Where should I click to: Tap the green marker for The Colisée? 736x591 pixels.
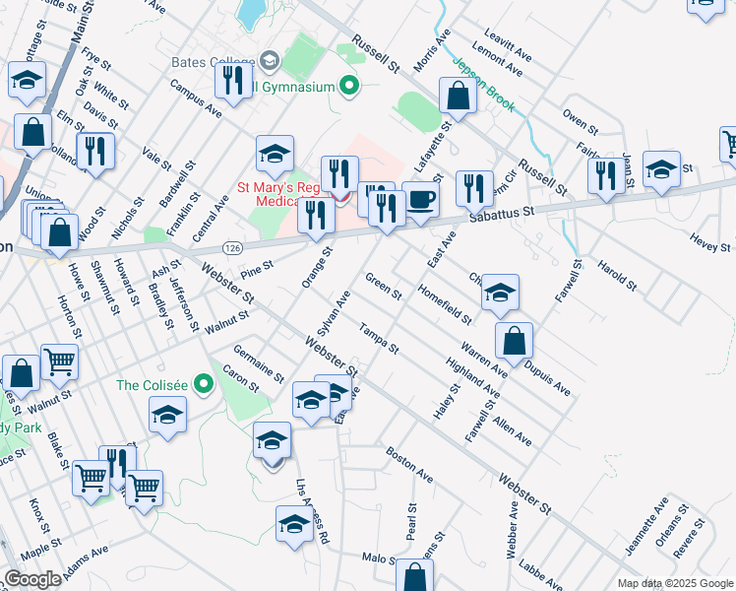point(204,383)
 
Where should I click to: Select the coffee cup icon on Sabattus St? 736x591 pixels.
point(421,200)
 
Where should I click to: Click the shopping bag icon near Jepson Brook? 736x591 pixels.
point(458,96)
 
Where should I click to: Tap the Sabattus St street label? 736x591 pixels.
point(502,212)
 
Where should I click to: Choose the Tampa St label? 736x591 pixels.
point(379,338)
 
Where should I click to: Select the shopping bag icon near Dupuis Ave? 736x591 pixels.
point(514,342)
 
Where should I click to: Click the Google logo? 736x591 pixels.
point(32,579)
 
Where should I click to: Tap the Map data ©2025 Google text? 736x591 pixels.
point(675,583)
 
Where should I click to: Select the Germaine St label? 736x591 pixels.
point(259,364)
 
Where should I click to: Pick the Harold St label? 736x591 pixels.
point(617,275)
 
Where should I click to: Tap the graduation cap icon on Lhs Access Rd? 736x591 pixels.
point(294,525)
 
